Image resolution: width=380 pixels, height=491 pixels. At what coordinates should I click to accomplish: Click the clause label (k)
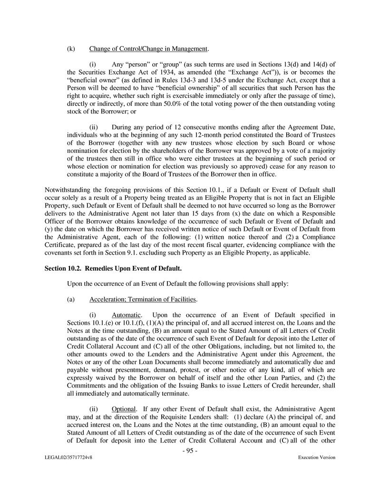(x=71, y=49)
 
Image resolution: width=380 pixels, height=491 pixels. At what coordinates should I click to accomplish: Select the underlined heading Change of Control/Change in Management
(x=149, y=49)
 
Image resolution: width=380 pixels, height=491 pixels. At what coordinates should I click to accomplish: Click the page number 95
(x=190, y=451)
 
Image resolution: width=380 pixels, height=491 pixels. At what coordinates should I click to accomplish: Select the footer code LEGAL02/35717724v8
(x=65, y=457)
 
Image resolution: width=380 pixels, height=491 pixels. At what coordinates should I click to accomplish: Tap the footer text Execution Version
(x=317, y=457)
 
